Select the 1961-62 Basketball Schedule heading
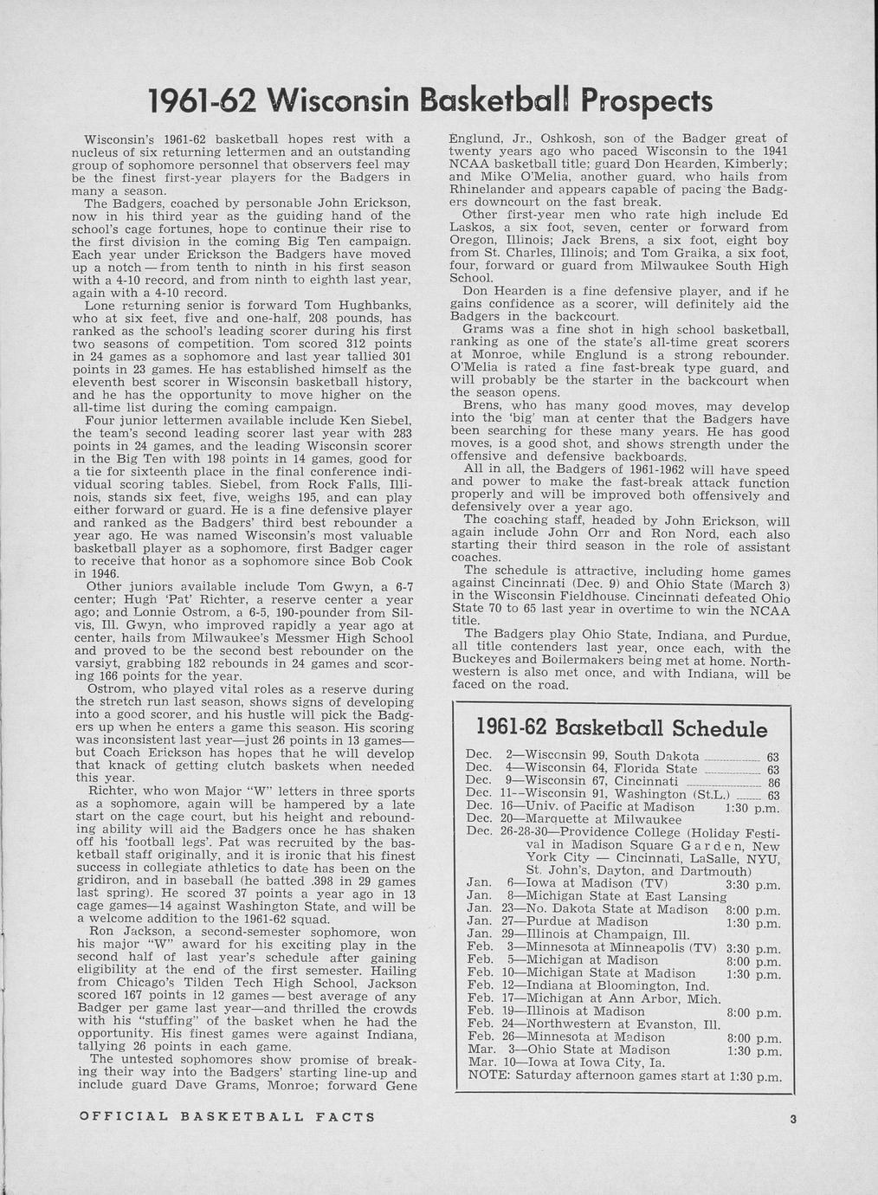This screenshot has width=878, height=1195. pos(622,727)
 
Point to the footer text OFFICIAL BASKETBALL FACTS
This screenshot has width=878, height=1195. pos(227,1117)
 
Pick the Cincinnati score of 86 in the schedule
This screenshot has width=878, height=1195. pos(774,782)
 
